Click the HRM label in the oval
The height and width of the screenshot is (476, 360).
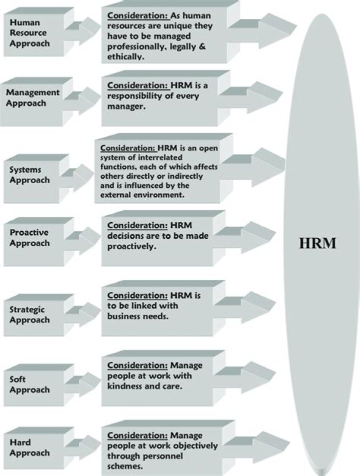coord(317,243)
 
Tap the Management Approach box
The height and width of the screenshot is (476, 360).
coord(32,98)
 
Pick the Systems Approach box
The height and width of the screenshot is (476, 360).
coord(29,175)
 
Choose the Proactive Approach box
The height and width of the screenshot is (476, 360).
coord(29,238)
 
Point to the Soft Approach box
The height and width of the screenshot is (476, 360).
coord(29,384)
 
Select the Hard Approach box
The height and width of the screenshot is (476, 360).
coord(29,447)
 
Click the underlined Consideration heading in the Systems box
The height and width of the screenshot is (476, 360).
coord(128,149)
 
